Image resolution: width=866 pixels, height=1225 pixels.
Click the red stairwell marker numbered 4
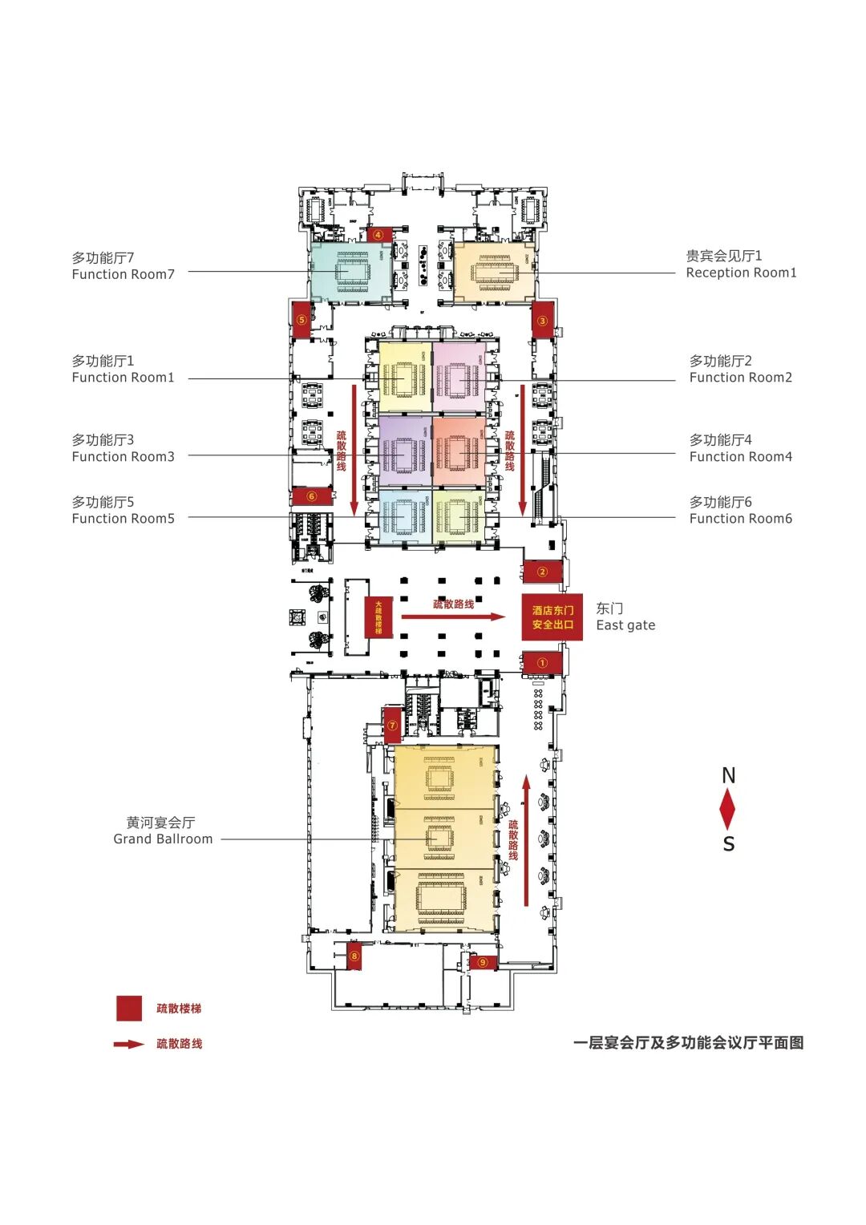click(378, 235)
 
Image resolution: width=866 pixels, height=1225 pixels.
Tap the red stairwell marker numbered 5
click(301, 318)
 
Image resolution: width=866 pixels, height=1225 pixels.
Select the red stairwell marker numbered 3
click(542, 320)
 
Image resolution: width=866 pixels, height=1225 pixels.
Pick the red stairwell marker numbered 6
click(312, 496)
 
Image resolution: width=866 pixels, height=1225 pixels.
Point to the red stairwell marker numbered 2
click(542, 572)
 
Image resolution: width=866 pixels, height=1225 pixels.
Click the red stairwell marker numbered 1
click(542, 663)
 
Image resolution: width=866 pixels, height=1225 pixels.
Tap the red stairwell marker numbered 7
click(392, 726)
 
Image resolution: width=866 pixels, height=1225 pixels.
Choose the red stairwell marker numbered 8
click(354, 956)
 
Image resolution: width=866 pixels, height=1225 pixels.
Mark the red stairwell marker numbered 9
click(483, 962)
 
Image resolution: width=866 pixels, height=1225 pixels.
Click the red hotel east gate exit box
click(552, 617)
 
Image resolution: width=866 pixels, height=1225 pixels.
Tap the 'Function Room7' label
click(123, 274)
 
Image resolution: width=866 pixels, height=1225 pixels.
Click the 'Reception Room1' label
click(741, 273)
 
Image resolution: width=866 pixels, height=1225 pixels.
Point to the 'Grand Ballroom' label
click(163, 839)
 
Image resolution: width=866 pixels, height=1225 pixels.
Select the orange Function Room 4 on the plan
click(459, 451)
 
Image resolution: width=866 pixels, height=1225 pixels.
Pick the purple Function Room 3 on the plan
click(405, 451)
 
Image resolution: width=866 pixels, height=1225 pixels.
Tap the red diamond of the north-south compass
click(727, 809)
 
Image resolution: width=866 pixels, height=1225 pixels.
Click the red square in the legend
click(129, 1009)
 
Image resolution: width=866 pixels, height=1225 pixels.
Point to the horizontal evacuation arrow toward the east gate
click(453, 617)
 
